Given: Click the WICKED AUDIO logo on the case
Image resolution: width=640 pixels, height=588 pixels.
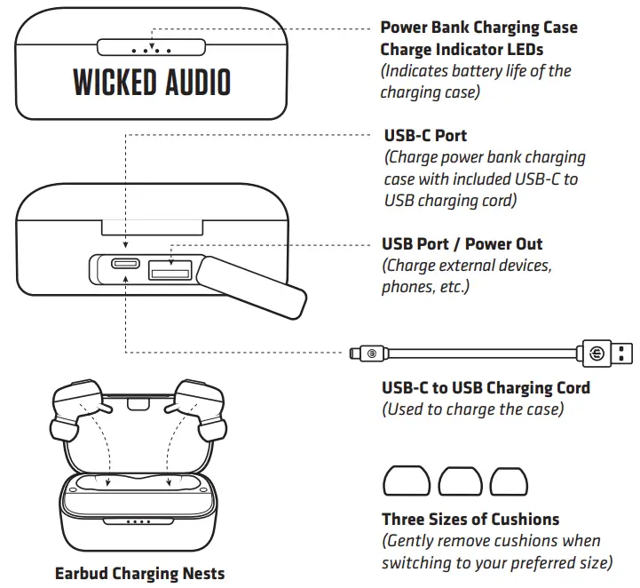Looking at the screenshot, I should [152, 83].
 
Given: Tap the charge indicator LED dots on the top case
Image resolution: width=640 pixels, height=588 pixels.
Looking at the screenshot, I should [152, 49].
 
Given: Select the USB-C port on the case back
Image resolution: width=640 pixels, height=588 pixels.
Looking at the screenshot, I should [125, 265].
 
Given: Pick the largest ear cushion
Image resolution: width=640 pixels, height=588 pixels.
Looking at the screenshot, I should [406, 481].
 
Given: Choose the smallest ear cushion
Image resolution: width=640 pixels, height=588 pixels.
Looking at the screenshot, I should [507, 481].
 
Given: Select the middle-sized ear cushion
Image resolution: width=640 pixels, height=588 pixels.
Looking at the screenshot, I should [459, 481].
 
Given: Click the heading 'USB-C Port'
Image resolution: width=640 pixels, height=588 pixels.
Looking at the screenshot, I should [425, 136].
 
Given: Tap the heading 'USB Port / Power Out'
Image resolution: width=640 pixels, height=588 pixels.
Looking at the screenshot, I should [462, 243].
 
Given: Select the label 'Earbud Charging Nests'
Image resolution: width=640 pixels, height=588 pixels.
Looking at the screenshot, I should [139, 573].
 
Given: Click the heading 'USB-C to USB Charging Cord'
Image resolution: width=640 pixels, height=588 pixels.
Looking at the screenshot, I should [486, 388].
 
